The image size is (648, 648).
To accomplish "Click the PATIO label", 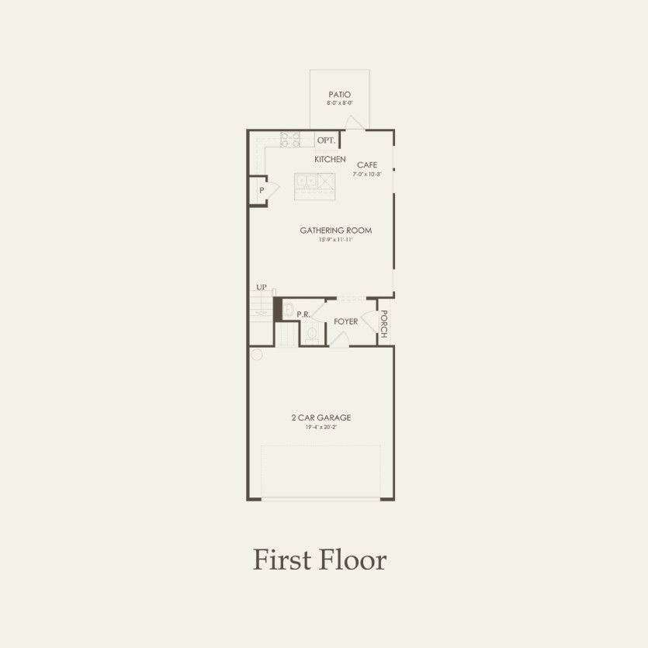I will point(339,95).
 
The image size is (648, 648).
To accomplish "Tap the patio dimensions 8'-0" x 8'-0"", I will point(339,103).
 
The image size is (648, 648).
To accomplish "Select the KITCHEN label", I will point(330,159).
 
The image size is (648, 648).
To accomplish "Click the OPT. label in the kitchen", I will point(327,140).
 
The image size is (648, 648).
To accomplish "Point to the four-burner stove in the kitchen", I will point(290,140).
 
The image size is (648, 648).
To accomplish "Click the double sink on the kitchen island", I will point(308,182).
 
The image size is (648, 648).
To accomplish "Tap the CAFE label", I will point(367,165).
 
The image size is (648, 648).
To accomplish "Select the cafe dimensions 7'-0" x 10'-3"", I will point(367,175).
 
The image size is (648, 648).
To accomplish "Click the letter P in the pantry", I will point(262,190).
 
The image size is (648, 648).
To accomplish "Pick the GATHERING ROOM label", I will point(335,230).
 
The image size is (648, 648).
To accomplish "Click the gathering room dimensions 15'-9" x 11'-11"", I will point(335,240).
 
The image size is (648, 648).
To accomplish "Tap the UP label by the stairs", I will point(262,288).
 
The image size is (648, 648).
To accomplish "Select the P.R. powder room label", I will point(303,314).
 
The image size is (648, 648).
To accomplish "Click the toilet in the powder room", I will point(312,334).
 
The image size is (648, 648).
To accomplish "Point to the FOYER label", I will point(345,321).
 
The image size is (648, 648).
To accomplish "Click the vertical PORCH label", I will point(383,324).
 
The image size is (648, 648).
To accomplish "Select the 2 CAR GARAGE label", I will point(321,418).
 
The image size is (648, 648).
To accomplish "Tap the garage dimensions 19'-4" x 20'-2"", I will point(321,427).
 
